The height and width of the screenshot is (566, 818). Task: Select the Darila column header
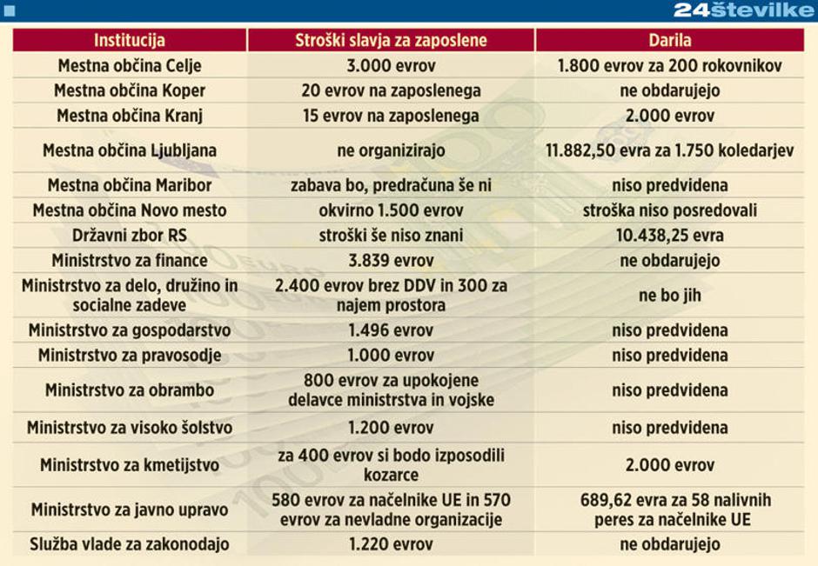[x=669, y=40]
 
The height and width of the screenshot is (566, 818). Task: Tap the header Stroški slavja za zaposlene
[x=391, y=40]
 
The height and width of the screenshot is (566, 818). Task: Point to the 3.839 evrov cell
[x=391, y=260]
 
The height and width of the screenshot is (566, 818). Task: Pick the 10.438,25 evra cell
[x=669, y=236]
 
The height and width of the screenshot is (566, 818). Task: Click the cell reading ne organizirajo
[x=391, y=150]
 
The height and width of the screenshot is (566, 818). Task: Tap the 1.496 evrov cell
[x=391, y=330]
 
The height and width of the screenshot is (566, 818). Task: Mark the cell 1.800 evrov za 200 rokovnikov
[x=669, y=66]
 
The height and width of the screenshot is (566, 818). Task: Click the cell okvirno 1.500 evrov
[x=391, y=210]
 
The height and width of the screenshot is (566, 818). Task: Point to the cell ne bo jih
[x=669, y=296]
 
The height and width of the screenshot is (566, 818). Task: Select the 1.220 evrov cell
[x=391, y=544]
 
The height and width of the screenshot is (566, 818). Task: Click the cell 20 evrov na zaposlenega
[x=391, y=90]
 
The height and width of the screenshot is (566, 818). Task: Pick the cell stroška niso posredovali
[x=669, y=210]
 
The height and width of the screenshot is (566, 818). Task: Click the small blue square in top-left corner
[x=10, y=10]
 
